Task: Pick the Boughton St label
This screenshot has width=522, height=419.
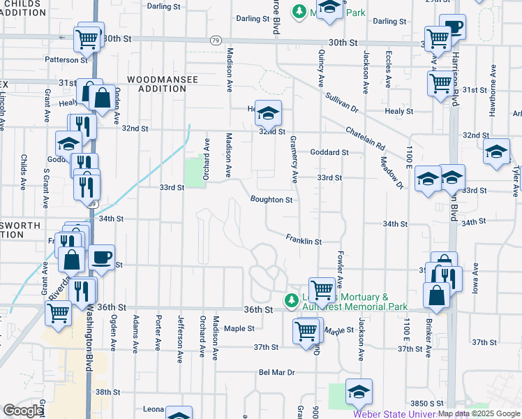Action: (x=271, y=200)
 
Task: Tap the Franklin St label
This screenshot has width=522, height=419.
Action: (x=303, y=240)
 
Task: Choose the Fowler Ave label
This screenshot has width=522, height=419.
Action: (x=340, y=270)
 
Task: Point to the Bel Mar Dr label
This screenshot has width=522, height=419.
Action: (x=277, y=373)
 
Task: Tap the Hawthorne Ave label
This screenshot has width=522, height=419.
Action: (x=493, y=81)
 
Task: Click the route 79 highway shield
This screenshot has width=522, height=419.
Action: (x=216, y=41)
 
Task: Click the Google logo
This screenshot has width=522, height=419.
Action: (x=23, y=411)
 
